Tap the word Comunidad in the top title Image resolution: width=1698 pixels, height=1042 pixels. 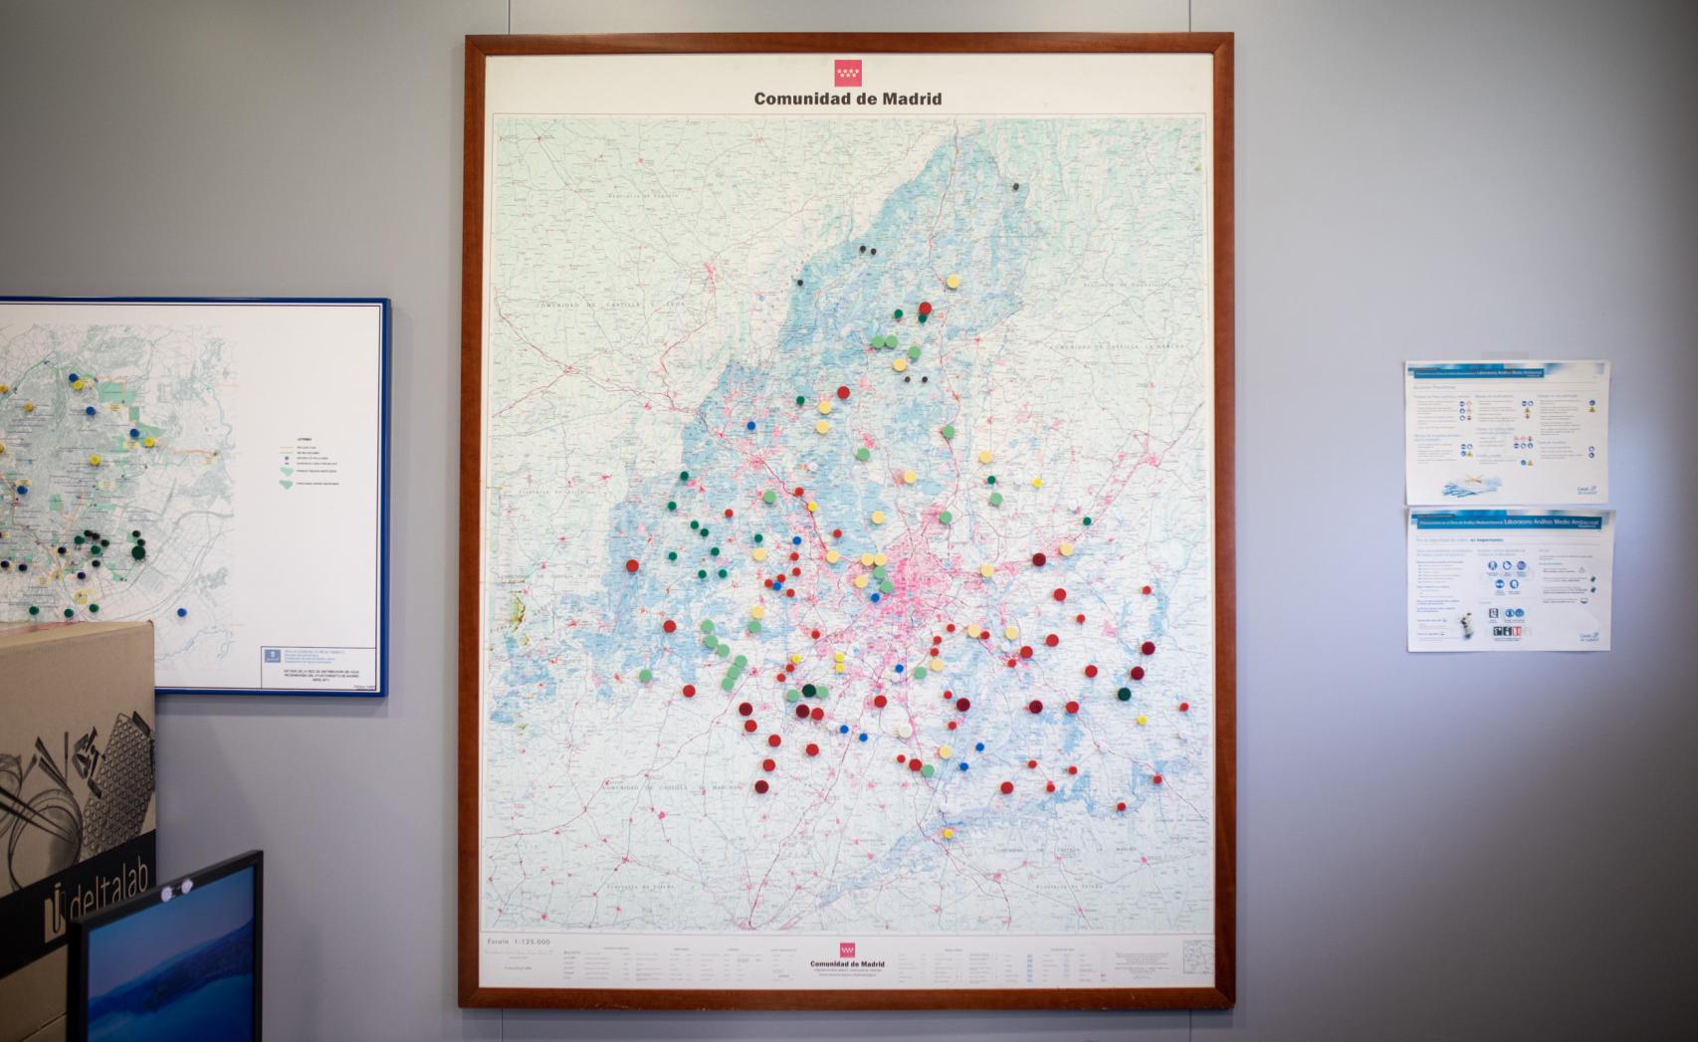coord(801,99)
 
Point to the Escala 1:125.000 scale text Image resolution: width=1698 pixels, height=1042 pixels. coord(518,941)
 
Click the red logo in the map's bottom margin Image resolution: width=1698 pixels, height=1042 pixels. coord(848,949)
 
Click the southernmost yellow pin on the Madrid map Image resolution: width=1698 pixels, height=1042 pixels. coord(948,833)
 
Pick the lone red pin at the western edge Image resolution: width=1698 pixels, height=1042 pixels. coord(632,565)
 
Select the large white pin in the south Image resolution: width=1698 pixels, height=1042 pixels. coord(904,730)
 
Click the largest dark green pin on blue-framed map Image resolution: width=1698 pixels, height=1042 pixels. coord(138,548)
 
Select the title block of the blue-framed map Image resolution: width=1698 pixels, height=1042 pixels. coord(318,665)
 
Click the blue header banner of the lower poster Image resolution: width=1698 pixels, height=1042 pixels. coord(1508,521)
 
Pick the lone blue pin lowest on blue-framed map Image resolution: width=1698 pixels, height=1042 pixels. coord(182,612)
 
